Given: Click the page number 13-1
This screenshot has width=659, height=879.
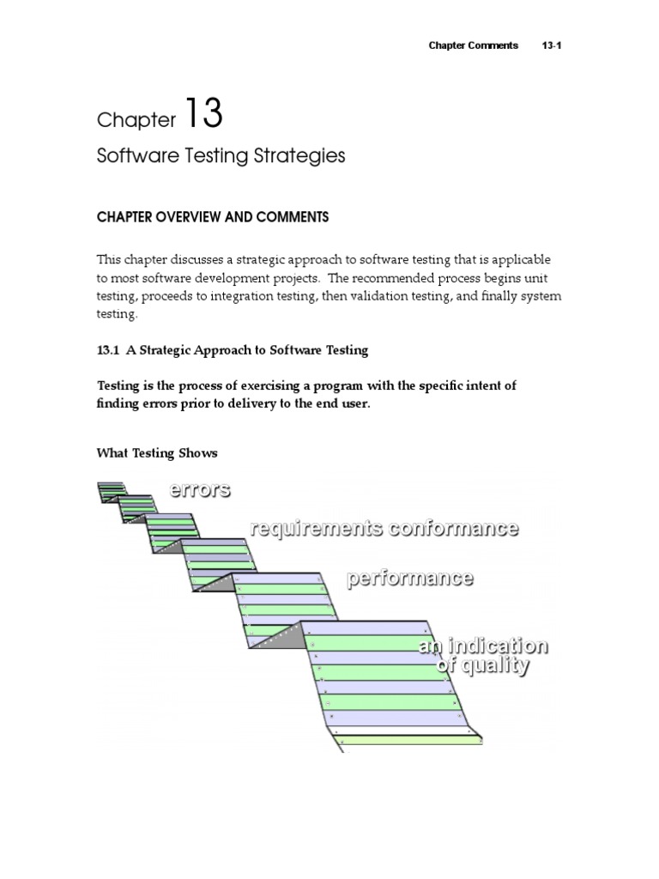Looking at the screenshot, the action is point(552,45).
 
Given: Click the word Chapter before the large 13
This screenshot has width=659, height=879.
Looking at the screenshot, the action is point(136,120).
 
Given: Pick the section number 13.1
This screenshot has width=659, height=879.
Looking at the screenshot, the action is point(108,350).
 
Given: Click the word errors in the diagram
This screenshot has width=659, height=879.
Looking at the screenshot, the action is point(199,490).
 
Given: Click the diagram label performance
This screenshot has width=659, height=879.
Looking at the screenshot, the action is point(409,578).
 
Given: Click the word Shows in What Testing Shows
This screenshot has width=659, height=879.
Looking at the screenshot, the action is point(198,453).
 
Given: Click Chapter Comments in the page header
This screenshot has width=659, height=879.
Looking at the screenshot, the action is point(474,45).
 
